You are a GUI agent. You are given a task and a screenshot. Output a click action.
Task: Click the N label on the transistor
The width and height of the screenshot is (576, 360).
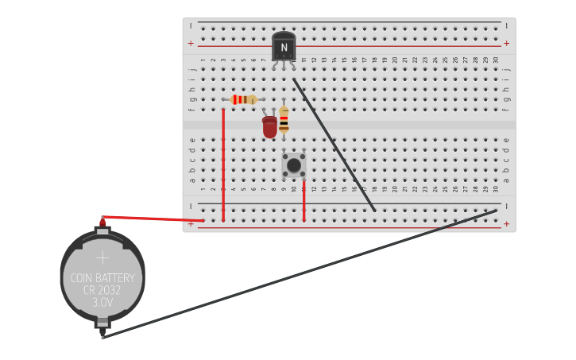tap(284, 48)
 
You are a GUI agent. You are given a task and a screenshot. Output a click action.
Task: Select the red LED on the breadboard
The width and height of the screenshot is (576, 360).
tap(270, 126)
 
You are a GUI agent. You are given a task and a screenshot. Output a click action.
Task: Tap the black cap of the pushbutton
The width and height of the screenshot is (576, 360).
tap(294, 165)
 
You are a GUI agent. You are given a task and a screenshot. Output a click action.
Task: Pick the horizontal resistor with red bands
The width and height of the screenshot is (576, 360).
tap(243, 99)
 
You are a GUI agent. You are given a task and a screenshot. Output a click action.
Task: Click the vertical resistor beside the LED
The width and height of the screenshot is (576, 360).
tap(284, 120)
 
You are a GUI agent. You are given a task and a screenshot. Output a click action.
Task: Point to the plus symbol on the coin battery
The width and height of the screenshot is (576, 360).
tap(102, 257)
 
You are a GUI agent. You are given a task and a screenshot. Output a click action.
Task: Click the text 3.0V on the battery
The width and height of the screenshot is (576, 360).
tap(102, 303)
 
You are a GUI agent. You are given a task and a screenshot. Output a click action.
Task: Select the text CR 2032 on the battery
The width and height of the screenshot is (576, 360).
tap(102, 291)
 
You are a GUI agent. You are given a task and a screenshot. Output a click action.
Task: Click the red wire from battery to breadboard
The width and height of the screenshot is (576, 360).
tap(151, 218)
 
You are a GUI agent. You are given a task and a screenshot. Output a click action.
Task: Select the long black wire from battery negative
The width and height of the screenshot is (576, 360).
tap(302, 273)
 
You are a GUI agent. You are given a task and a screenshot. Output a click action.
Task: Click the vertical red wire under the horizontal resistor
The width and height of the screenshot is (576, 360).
tap(223, 167)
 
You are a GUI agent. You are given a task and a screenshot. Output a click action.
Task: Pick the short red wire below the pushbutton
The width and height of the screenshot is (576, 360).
tap(303, 203)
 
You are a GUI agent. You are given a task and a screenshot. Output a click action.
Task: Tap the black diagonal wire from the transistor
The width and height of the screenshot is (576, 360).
tap(334, 144)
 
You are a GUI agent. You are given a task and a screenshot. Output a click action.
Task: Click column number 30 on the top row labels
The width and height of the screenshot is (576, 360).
tap(496, 60)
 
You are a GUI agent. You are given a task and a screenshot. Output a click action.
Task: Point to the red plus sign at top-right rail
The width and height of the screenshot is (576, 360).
tap(506, 43)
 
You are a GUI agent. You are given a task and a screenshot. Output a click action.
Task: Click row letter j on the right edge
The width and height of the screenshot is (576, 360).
tap(507, 69)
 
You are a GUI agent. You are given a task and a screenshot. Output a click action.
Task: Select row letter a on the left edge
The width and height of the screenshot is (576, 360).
tap(191, 180)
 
